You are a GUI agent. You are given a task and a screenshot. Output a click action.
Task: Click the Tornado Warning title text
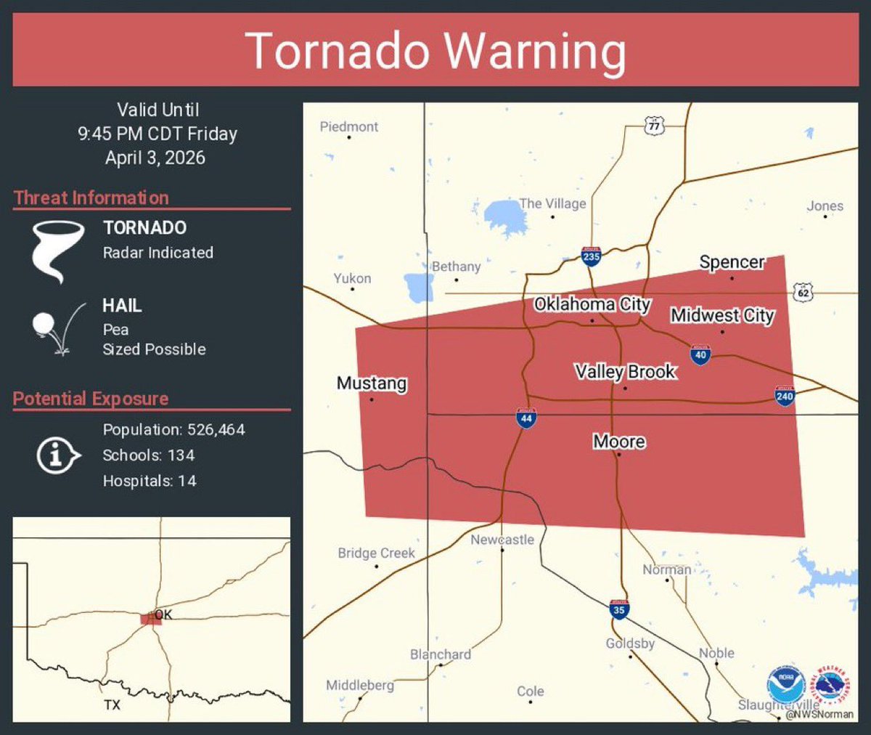coord(435,52)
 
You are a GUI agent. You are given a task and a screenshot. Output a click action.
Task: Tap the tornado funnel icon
coord(57,251)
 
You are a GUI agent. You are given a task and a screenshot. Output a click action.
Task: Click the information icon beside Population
coord(57,456)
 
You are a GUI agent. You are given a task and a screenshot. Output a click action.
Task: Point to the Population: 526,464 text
coord(173,430)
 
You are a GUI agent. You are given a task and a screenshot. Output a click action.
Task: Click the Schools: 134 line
coord(148,455)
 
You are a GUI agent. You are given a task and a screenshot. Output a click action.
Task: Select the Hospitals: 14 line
coord(149,481)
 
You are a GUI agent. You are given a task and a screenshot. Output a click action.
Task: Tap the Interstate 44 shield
coord(526,418)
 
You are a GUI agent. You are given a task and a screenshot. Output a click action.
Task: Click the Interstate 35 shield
coord(618,609)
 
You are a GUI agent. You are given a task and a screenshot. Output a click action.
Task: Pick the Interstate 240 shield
coord(785,396)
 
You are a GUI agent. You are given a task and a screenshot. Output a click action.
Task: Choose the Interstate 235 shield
coord(591,256)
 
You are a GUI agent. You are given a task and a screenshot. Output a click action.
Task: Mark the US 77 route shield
coord(654,126)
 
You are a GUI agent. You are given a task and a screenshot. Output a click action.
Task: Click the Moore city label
coord(619,442)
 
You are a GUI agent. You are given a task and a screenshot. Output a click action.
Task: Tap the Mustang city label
coord(372,383)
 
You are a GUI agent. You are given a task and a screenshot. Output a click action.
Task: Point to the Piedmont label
coord(349,126)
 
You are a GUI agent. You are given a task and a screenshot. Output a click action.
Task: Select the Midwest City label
coord(722,315)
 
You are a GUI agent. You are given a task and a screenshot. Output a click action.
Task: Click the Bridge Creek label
coord(376,553)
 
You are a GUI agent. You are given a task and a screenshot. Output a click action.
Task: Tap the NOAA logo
coord(785,685)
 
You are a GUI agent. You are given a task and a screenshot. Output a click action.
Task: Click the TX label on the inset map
coord(112,704)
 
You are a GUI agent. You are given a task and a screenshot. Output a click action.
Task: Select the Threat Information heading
coord(91,198)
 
